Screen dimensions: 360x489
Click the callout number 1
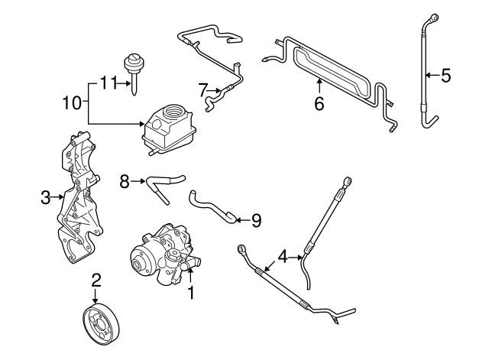coord(191,291)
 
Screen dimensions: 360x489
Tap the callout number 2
coord(96,281)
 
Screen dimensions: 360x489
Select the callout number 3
coord(45,197)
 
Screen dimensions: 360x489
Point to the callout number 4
coord(283,256)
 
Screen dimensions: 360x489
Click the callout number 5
coord(447,75)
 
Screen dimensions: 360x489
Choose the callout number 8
coord(125,181)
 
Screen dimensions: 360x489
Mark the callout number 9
coord(256,220)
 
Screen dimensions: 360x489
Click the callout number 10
coord(71,101)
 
